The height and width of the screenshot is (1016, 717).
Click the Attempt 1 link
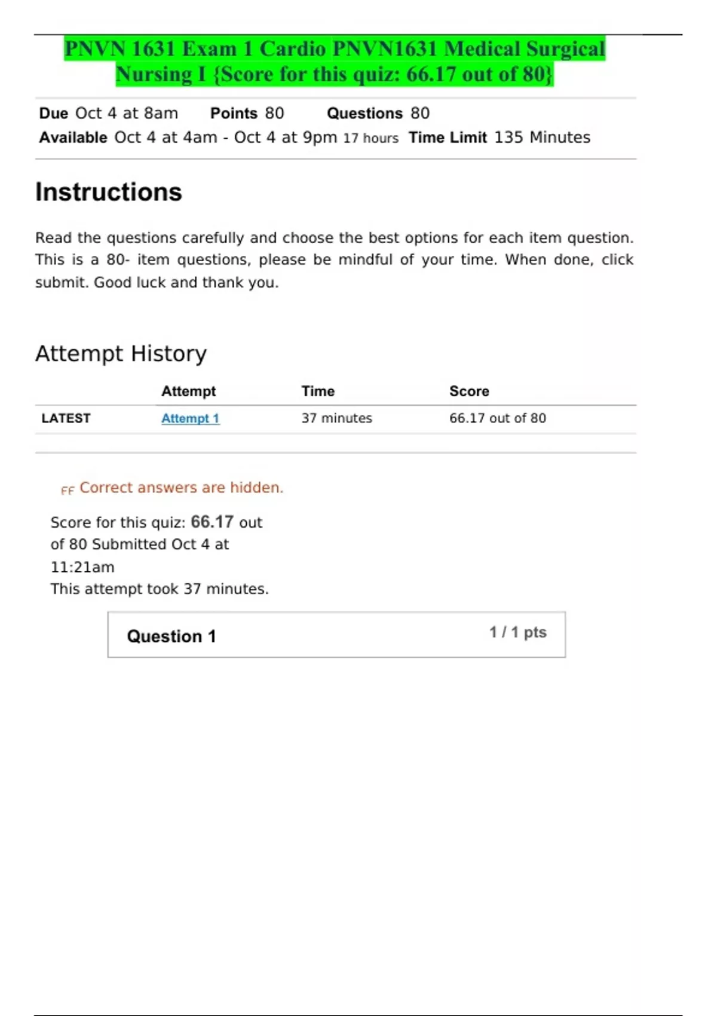tap(190, 418)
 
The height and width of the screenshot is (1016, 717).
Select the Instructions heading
tap(109, 192)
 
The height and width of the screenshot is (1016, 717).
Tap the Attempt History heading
tap(121, 354)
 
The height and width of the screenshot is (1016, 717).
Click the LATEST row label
tap(66, 418)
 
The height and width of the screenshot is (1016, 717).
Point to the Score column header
tap(469, 391)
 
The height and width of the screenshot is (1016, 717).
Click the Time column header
tap(318, 391)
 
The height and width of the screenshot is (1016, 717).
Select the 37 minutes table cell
tap(336, 418)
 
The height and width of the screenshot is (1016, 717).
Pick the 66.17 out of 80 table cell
tap(497, 418)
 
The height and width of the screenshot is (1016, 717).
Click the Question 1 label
tap(171, 636)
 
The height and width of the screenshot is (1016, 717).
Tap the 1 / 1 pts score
tap(517, 632)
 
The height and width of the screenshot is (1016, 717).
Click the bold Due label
tap(53, 114)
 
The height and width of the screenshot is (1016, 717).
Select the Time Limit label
tap(448, 137)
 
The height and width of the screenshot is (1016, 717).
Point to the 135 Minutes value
tap(542, 137)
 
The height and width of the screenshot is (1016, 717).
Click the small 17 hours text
tap(370, 139)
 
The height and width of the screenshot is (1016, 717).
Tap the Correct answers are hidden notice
tap(181, 488)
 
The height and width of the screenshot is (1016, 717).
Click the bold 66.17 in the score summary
tap(212, 522)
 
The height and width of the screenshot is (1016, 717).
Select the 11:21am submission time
tap(82, 567)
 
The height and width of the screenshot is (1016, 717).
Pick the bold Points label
tap(234, 114)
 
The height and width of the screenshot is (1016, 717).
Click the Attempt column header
tap(188, 391)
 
